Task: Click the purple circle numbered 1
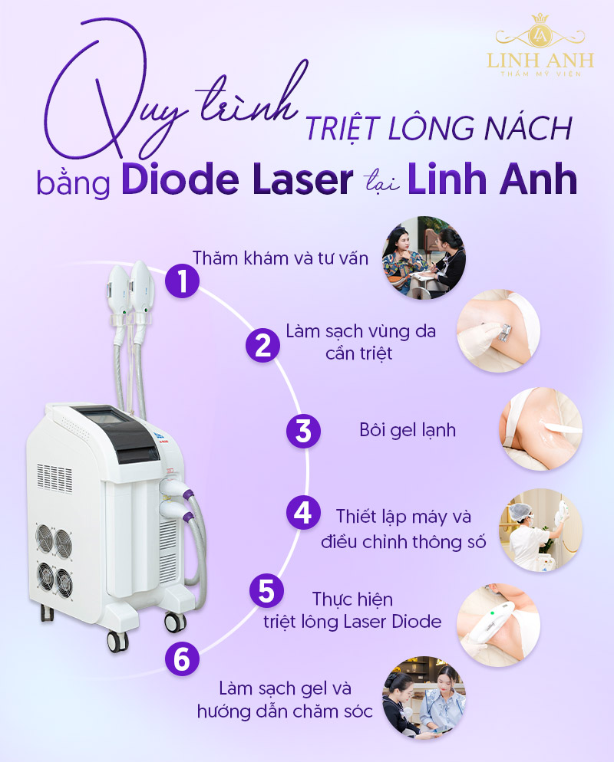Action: [182, 281]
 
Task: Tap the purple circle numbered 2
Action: [262, 345]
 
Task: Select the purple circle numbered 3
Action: [303, 430]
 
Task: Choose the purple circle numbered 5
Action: [266, 591]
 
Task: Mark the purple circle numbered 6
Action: [182, 659]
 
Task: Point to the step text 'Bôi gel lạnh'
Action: [408, 430]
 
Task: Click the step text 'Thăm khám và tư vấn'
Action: [281, 258]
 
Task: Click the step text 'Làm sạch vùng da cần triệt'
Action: [361, 343]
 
